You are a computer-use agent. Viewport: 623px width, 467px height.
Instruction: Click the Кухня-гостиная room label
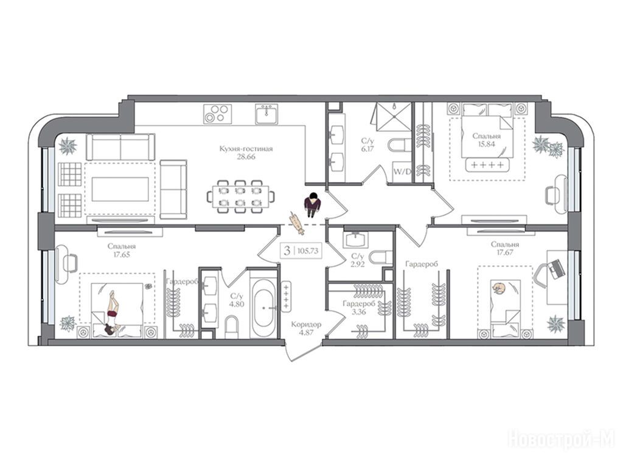[246, 149]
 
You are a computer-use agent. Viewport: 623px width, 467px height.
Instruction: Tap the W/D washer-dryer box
[402, 172]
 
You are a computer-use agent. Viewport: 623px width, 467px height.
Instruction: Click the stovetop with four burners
[217, 114]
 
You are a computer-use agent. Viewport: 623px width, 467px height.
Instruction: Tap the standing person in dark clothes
[312, 204]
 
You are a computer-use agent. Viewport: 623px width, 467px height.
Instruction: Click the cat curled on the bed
[498, 288]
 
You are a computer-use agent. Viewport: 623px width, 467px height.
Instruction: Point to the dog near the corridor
[297, 223]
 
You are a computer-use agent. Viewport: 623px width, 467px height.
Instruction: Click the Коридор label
[306, 325]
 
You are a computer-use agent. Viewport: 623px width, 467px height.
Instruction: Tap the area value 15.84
[486, 144]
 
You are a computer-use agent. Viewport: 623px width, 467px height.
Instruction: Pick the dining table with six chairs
[240, 196]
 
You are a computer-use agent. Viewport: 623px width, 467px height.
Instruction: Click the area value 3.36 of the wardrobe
[358, 312]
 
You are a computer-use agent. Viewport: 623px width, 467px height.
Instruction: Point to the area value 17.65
[121, 255]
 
